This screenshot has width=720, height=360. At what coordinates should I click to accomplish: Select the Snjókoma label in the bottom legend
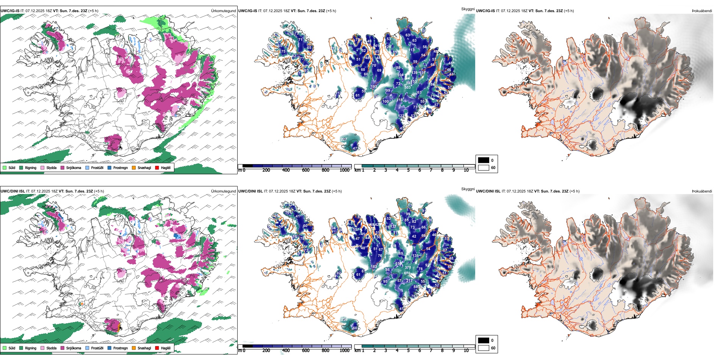[74, 348]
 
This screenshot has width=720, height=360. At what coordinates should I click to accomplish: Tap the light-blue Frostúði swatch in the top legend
[88, 167]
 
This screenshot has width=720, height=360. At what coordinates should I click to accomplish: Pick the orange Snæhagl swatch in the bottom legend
[134, 348]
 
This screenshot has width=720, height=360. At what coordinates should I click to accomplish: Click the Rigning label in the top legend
[31, 167]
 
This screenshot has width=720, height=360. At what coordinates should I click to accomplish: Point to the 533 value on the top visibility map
[407, 88]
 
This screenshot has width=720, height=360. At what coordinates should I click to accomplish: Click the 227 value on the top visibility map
[343, 139]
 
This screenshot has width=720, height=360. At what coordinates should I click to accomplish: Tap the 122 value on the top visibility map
[401, 116]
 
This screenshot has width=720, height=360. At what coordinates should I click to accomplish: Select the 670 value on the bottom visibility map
[407, 273]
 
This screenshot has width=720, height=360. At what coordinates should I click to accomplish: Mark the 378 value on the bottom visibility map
[408, 268]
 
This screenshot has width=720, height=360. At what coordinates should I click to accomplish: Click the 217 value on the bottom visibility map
[409, 281]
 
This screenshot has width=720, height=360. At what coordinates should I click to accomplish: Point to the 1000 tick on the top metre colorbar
[344, 170]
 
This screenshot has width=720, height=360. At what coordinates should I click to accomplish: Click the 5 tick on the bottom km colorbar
[408, 351]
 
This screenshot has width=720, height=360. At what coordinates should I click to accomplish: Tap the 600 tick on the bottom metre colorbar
[305, 351]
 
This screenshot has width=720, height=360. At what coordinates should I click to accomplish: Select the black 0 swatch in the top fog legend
[484, 160]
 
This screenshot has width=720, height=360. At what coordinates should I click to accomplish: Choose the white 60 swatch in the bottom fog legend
[484, 348]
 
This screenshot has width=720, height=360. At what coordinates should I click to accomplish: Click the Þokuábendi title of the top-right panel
[702, 11]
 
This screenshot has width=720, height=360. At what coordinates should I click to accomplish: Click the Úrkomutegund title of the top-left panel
[223, 11]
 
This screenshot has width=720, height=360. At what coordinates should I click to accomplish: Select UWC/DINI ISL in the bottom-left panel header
[13, 191]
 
